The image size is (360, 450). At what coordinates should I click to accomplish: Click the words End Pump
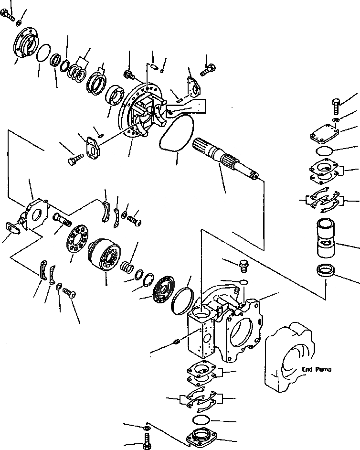tap(317, 369)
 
